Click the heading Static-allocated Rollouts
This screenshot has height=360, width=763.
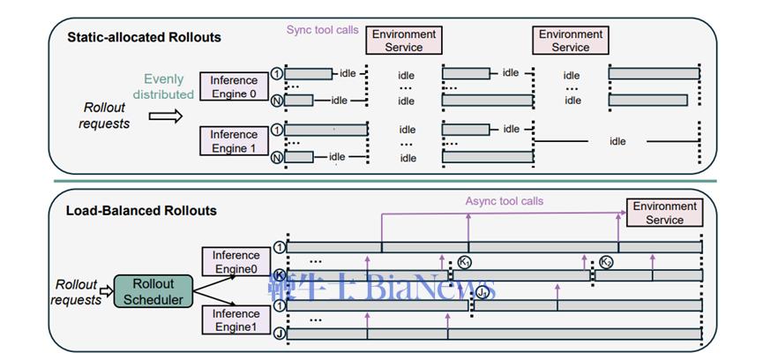144,37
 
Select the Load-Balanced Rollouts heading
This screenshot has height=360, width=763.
142,211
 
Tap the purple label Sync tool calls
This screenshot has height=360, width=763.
323,30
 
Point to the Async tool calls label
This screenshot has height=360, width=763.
505,201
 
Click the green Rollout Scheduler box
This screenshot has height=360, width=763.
153,291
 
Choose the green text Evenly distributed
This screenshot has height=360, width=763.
163,86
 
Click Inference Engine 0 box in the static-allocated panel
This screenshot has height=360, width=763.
234,86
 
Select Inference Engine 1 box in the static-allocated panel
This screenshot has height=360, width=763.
234,141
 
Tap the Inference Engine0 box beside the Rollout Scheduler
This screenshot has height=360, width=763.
236,262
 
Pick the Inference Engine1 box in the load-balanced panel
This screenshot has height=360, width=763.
236,320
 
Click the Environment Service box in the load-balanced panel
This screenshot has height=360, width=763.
664,213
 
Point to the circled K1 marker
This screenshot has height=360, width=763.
465,263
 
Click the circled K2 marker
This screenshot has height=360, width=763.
606,262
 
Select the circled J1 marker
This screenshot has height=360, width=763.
482,293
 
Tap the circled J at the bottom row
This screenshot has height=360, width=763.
279,334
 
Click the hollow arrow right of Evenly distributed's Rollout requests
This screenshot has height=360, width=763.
166,116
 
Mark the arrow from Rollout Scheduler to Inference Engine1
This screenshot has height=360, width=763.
214,303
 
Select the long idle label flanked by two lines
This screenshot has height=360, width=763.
617,141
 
